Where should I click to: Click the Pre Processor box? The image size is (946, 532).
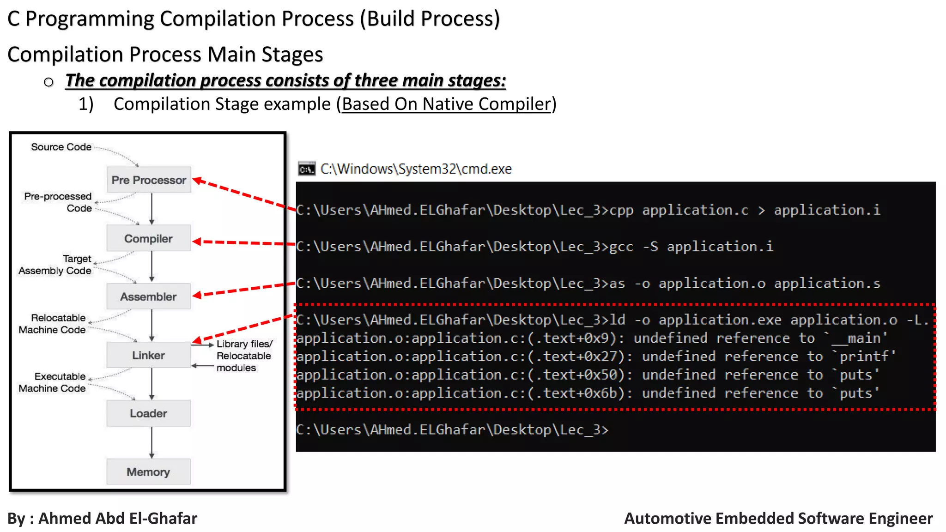[x=148, y=180]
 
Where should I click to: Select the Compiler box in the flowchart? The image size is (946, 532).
[x=148, y=238]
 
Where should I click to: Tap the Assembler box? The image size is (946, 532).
[x=148, y=296]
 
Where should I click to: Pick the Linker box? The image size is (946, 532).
[x=148, y=355]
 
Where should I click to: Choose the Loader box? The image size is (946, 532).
[x=148, y=413]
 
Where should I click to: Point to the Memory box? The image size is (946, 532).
[x=148, y=472]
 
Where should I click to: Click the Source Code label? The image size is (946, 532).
[x=61, y=147]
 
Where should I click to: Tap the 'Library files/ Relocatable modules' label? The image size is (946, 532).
[x=244, y=356]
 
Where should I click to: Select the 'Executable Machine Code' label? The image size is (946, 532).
[x=53, y=382]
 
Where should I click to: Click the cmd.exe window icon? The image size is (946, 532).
[x=306, y=169]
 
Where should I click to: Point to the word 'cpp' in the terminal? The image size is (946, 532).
[x=621, y=210]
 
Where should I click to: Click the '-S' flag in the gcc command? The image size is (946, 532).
[x=650, y=247]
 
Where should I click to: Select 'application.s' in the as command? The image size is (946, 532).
[x=827, y=283]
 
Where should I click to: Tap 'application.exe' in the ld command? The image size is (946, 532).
[x=720, y=320]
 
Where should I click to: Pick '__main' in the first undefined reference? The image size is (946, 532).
[x=859, y=339]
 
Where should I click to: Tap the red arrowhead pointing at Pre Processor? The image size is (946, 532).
[x=198, y=181]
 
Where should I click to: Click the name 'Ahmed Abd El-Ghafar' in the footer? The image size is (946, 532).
[x=118, y=518]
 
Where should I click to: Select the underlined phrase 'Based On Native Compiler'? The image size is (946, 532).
[x=446, y=104]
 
